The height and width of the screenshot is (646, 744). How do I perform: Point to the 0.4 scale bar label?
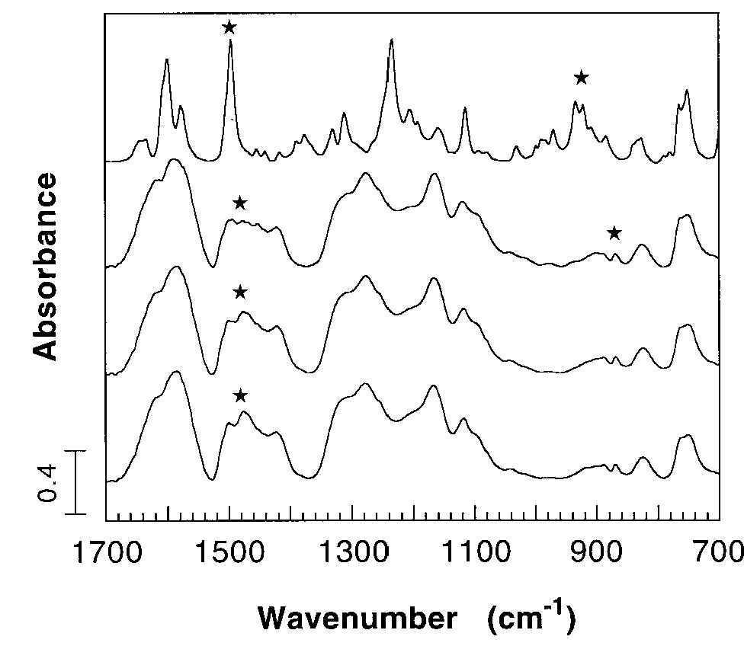47,483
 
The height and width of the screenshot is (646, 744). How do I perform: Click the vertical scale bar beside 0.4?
76,482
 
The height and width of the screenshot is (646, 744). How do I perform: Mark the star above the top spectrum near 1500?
229,28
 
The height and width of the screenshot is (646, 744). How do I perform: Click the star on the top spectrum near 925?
581,78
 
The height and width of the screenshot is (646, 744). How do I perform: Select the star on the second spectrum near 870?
614,234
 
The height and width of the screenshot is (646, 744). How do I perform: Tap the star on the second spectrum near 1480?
239,203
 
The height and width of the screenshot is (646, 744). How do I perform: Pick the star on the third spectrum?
240,293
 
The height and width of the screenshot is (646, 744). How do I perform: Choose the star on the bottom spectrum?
240,395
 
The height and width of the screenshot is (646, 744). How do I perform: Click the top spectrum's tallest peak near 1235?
391,41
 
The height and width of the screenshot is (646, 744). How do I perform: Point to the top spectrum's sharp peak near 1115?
465,110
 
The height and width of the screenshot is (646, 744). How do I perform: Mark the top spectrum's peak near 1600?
167,60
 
